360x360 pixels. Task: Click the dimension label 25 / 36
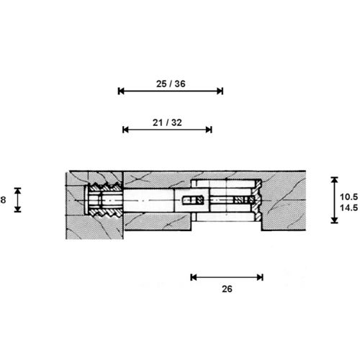point(171,84)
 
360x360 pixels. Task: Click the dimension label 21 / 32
point(167,122)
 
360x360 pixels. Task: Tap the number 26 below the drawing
point(227,289)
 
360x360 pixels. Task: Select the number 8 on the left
point(3,199)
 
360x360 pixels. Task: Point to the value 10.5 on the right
point(348,197)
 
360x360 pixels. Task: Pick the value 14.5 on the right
point(348,207)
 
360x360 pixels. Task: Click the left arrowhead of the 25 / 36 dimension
point(121,91)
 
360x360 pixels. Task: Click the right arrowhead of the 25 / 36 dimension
point(220,91)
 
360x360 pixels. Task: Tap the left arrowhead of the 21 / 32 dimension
point(125,130)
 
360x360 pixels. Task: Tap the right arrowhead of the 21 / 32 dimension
point(209,130)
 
